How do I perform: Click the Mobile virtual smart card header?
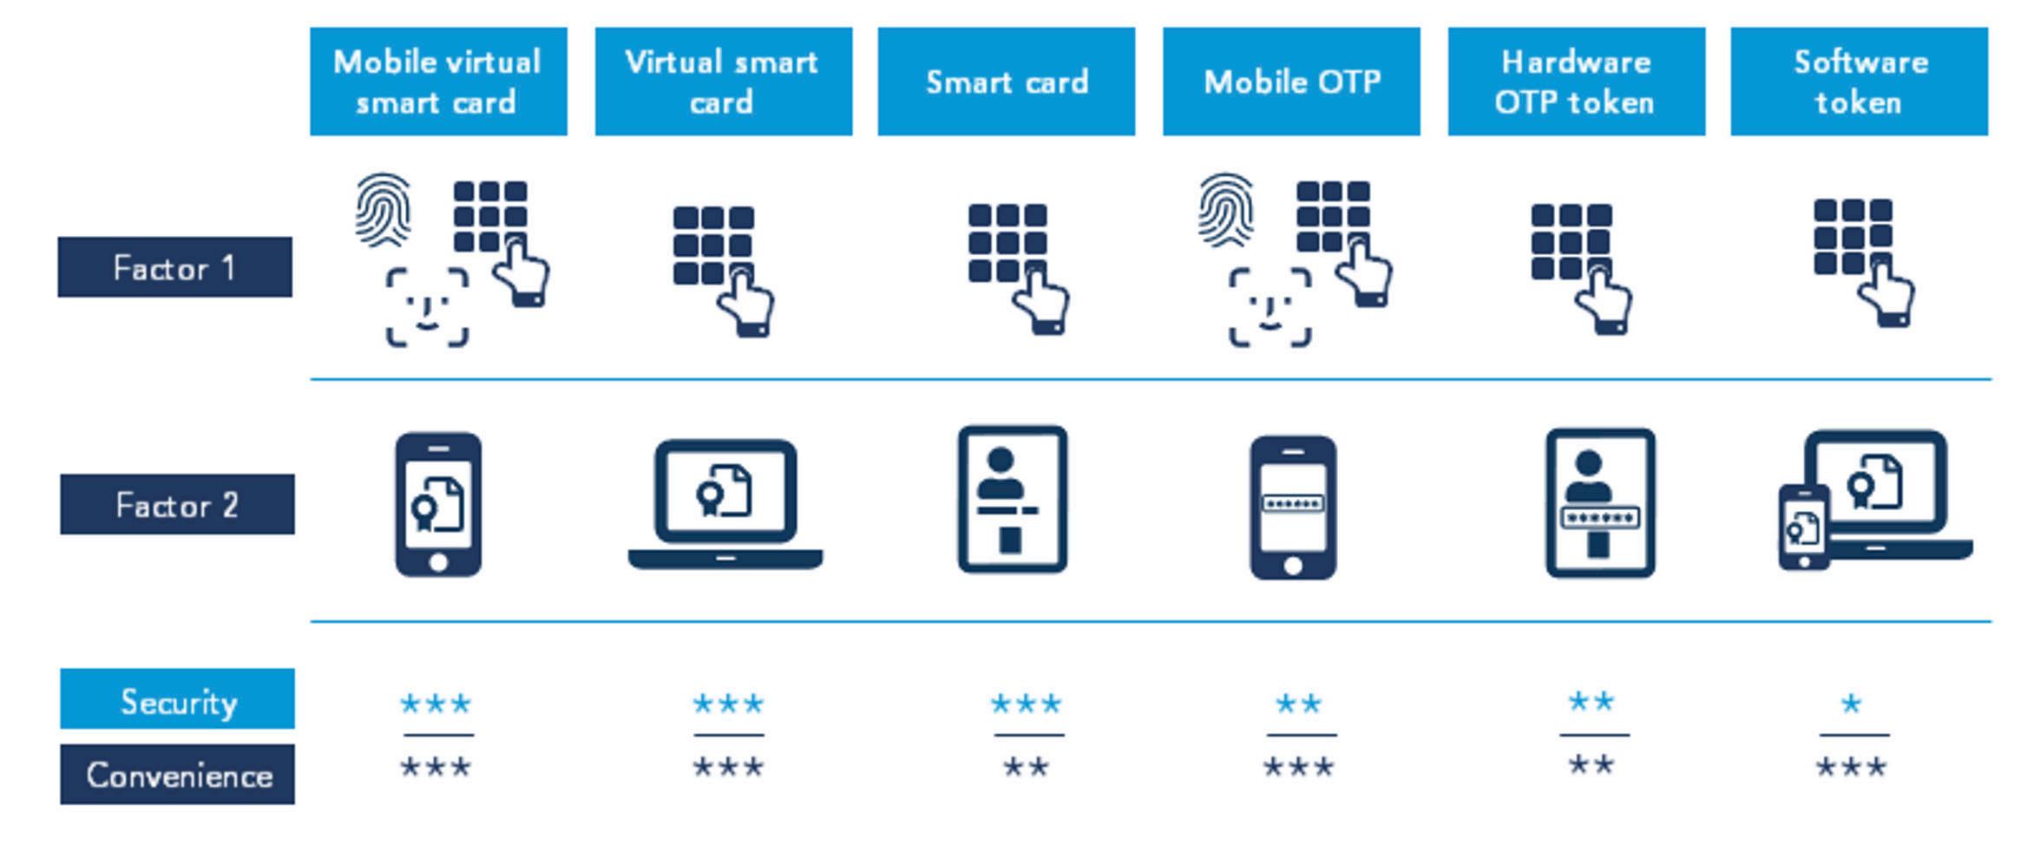tap(438, 82)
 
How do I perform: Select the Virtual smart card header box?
tap(723, 82)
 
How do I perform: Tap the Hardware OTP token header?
tap(1576, 82)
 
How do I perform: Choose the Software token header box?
tap(1859, 82)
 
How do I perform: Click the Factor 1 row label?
tap(174, 267)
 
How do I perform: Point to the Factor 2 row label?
tap(177, 504)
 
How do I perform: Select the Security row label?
tap(177, 699)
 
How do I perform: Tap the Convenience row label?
tap(177, 774)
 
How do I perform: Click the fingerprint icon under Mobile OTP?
tap(1225, 209)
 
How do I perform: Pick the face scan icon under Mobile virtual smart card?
tap(427, 307)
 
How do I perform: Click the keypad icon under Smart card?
tap(1007, 243)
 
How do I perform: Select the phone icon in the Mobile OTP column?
tap(1292, 507)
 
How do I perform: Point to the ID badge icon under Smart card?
tap(1012, 499)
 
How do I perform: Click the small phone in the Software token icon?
tap(1803, 527)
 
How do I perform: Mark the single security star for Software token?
tap(1851, 703)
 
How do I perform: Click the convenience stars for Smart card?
tap(1026, 767)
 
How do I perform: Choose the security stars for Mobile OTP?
tap(1298, 703)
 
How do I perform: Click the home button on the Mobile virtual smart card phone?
tap(438, 561)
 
